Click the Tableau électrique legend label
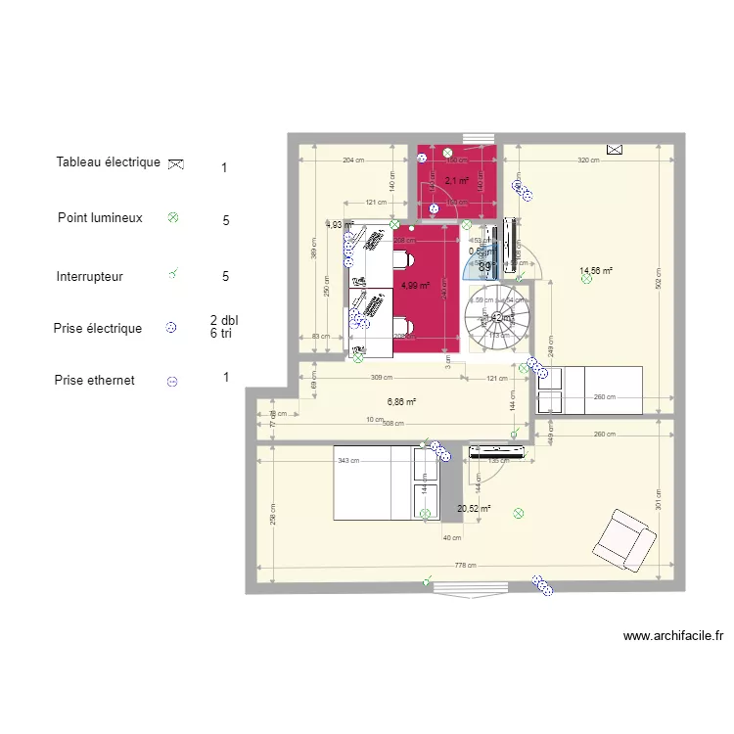pyautogui.click(x=108, y=162)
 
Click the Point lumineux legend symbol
pyautogui.click(x=173, y=218)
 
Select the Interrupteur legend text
pyautogui.click(x=90, y=277)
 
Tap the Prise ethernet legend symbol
pyautogui.click(x=172, y=382)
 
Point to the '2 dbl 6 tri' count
pyautogui.click(x=224, y=327)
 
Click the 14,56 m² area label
pyautogui.click(x=596, y=271)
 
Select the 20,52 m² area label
pyautogui.click(x=474, y=508)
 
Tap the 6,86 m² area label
pyautogui.click(x=402, y=401)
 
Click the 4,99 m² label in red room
pyautogui.click(x=416, y=286)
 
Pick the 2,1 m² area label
pyautogui.click(x=456, y=181)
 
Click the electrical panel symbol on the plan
pyautogui.click(x=615, y=150)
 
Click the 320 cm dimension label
pyautogui.click(x=588, y=161)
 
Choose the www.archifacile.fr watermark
pyautogui.click(x=672, y=636)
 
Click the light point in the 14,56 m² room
pyautogui.click(x=586, y=280)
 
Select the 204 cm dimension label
pyautogui.click(x=352, y=161)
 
